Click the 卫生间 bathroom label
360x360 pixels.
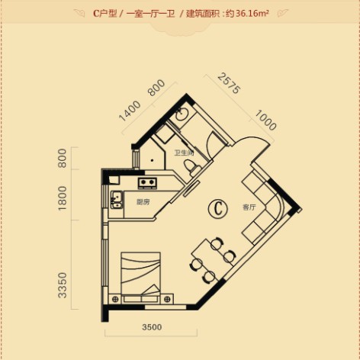tap(184, 153)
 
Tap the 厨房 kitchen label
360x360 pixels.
tap(143, 202)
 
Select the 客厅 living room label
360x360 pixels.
tap(249, 207)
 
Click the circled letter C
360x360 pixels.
tap(218, 208)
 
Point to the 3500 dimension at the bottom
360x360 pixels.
tap(152, 327)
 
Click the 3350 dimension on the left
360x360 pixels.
tap(63, 285)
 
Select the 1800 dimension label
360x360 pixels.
tap(63, 198)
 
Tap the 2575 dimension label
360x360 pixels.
tap(229, 83)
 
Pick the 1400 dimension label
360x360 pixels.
tap(130, 111)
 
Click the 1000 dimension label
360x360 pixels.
tap(265, 120)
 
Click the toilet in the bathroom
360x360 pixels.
tap(192, 166)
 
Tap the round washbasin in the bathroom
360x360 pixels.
tap(182, 114)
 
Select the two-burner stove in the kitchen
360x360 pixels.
tap(147, 183)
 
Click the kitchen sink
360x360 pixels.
tap(116, 200)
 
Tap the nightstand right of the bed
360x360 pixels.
tap(167, 299)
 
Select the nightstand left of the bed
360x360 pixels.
tap(114, 299)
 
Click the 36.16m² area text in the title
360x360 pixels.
tap(252, 13)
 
